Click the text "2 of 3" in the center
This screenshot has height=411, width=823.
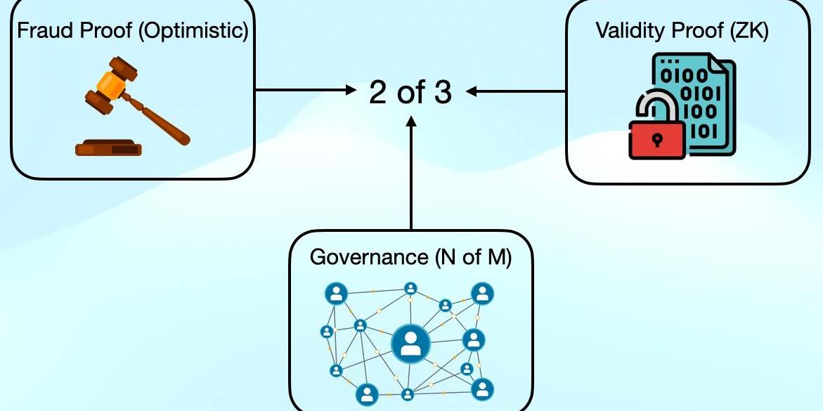tap(410, 92)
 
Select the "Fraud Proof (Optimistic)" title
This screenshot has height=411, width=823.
tap(133, 32)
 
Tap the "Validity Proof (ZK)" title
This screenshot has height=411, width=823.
tap(682, 31)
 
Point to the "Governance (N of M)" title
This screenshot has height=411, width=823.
tap(410, 256)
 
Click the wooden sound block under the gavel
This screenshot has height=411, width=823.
tap(109, 148)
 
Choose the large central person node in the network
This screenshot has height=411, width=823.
tap(406, 344)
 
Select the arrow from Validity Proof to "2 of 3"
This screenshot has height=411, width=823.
tap(517, 91)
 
